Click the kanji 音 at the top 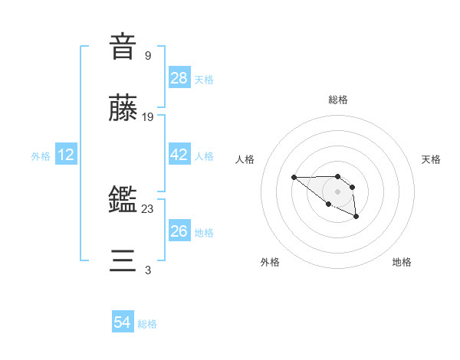point(123,47)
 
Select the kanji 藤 point(123,109)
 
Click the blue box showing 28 point(179,78)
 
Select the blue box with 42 point(179,155)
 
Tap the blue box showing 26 point(179,231)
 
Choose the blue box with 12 point(66,155)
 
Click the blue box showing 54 point(123,322)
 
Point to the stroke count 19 point(149,117)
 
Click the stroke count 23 point(148,209)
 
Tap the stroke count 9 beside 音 point(147,55)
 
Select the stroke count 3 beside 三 point(147,270)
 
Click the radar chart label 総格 point(337,100)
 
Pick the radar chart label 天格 point(431,159)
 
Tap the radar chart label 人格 point(245,159)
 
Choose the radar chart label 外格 point(270,262)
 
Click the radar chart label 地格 point(402,262)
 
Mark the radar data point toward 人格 point(294,178)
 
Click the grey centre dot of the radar point(337,191)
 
